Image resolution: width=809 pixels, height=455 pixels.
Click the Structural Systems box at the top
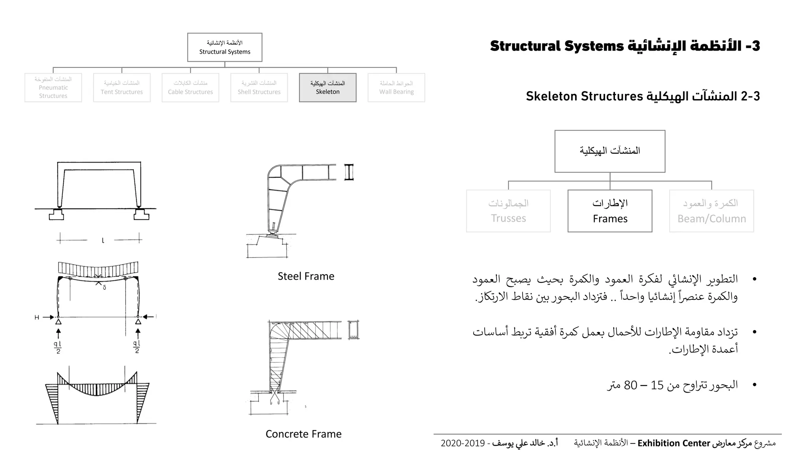[225, 47]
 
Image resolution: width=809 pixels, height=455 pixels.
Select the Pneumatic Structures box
[53, 88]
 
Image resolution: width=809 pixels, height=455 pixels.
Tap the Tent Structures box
[122, 88]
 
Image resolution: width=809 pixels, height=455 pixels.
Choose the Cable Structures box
[190, 88]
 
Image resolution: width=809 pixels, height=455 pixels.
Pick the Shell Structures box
[259, 88]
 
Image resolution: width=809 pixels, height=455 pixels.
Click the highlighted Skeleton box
[327, 88]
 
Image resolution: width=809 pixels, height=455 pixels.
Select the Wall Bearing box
[396, 88]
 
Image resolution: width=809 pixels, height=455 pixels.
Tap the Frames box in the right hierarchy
[610, 211]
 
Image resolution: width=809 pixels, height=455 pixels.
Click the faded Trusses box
[508, 211]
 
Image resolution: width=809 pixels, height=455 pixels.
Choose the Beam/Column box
[711, 211]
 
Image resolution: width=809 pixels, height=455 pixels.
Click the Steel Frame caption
[306, 276]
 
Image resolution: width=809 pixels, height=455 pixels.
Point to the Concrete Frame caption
[303, 434]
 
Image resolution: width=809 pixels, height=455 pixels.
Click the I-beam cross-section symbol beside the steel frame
[349, 172]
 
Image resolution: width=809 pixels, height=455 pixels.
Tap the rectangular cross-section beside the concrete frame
[354, 330]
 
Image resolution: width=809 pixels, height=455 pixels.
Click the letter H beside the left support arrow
[37, 317]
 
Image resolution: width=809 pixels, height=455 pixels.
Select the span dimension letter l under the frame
[103, 240]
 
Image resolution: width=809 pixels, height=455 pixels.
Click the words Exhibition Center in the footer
[674, 443]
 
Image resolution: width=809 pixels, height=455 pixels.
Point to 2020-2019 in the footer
[463, 443]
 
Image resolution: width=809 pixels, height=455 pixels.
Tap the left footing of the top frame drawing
[56, 215]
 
